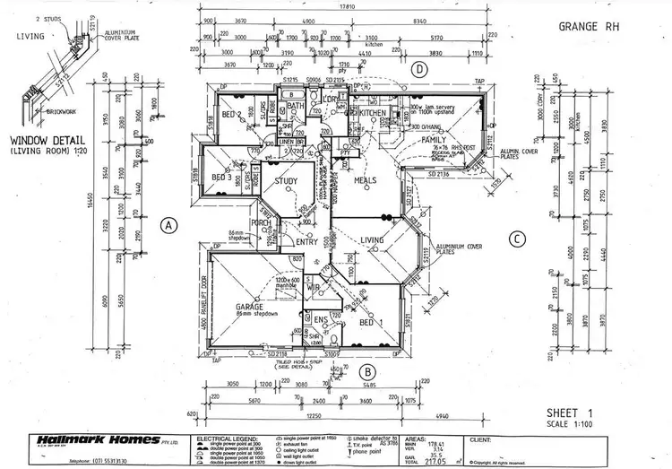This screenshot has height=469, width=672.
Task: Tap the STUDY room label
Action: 286,182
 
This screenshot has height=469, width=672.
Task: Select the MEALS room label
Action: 365,180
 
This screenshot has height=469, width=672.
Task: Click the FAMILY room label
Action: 435,142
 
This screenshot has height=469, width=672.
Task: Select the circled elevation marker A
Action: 167,226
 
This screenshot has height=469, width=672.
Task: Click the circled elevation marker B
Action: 366,370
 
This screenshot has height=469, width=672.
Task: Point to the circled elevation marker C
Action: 516,239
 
